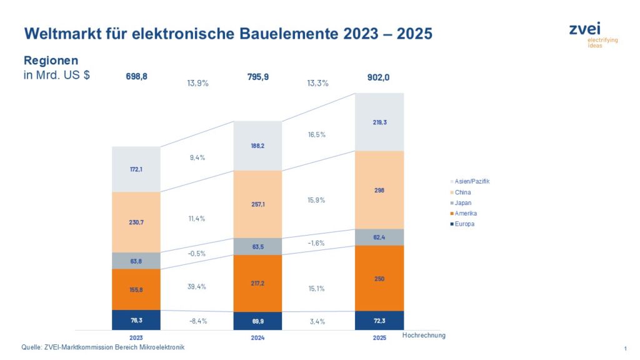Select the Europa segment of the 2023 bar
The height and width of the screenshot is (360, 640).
pos(136,319)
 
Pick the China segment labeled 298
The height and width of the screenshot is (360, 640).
pos(379,189)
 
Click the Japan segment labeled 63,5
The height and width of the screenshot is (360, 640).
pos(257,246)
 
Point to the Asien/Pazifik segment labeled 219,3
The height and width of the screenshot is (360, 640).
pos(379,122)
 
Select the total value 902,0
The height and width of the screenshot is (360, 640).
pos(379,77)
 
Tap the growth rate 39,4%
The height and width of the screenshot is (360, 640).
pos(197,286)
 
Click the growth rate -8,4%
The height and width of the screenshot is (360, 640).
pos(197,321)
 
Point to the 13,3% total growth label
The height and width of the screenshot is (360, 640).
pos(318,82)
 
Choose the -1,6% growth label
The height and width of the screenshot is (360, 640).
pos(317,243)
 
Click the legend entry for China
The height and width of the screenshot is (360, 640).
pos(462,192)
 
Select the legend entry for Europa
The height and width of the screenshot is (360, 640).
pos(464,224)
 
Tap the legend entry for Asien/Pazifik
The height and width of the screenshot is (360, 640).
pos(472,181)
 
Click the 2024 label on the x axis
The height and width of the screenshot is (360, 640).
pos(257,337)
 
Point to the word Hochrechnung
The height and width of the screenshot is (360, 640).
pos(424,336)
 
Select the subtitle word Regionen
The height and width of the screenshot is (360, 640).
pos(51,61)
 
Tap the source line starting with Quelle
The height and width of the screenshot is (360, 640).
pos(103,347)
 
